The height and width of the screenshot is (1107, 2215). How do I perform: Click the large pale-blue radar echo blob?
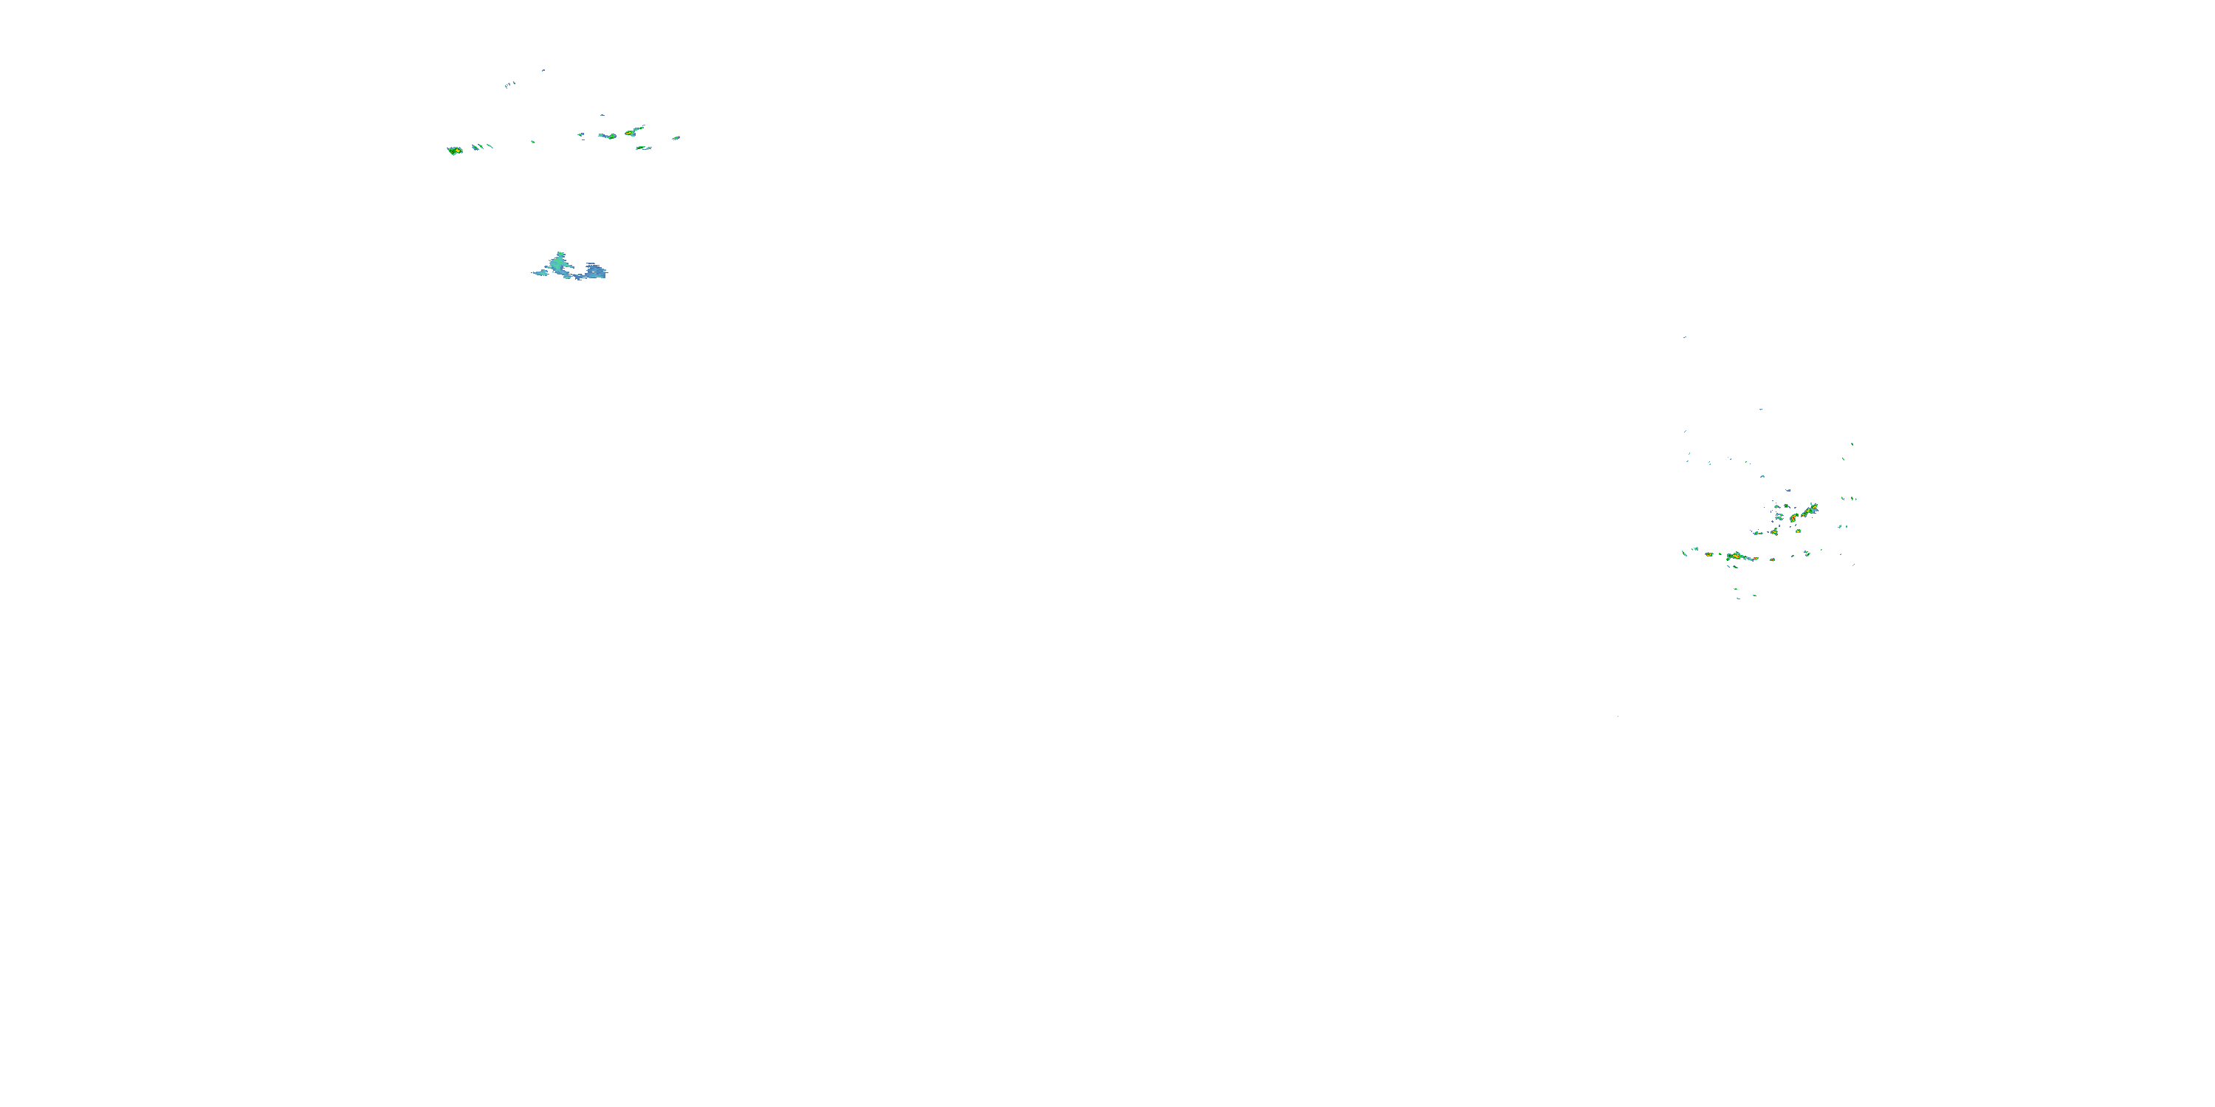click(594, 272)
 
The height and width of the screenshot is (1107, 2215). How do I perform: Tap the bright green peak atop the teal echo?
click(560, 256)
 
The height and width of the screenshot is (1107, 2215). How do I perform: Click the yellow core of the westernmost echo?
click(454, 151)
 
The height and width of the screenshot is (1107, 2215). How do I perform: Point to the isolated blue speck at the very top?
click(543, 70)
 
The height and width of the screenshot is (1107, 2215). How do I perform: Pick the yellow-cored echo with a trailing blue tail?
click(633, 131)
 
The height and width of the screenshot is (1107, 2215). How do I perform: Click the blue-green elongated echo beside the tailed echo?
click(608, 136)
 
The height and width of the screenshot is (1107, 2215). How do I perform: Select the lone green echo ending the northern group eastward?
click(677, 137)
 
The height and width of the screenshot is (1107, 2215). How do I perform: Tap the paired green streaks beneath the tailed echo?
click(643, 148)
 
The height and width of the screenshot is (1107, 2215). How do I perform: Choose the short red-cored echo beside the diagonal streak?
click(1793, 517)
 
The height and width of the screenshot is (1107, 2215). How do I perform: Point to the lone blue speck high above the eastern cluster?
click(1684, 337)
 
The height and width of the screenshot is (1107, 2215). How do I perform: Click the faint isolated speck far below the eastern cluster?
click(1618, 716)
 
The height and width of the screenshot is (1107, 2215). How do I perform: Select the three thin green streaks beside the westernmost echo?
click(482, 147)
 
